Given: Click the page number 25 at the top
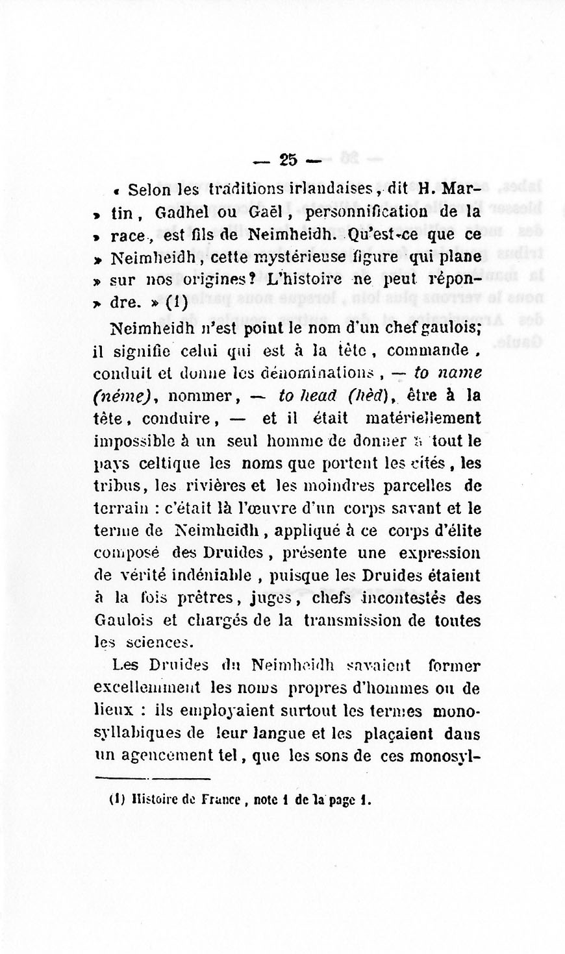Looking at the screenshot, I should [287, 160].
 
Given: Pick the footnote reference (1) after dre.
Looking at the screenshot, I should [176, 302].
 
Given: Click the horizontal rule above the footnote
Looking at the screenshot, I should [153, 778].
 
